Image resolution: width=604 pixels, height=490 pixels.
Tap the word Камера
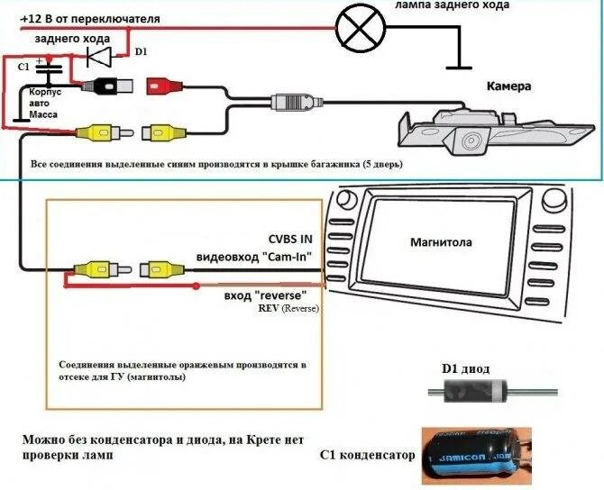point(510,87)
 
